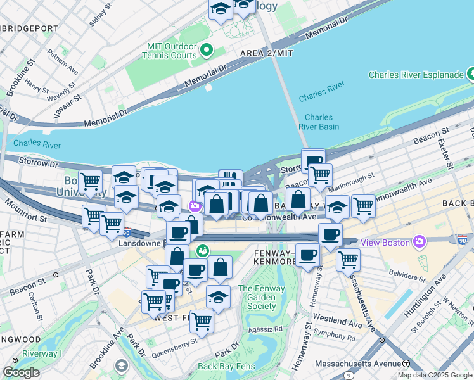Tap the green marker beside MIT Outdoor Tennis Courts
pos(206,49)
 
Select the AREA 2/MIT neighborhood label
pos(267,53)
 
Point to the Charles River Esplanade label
pos(416,75)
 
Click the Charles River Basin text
pos(319,122)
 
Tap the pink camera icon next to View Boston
pos(419,242)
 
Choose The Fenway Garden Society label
pos(257,297)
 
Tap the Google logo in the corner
pos(21,372)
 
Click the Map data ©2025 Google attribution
pos(435,375)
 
